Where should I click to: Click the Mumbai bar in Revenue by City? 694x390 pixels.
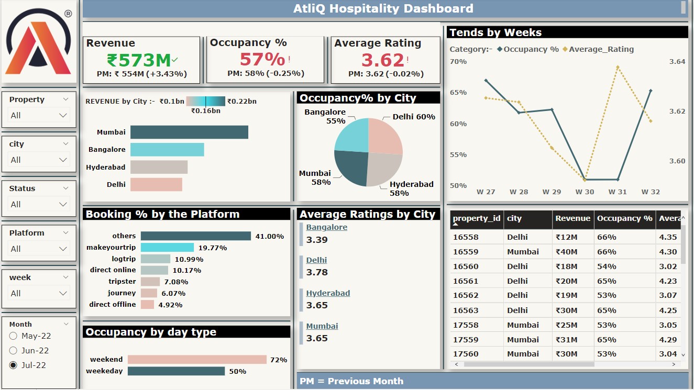point(189,132)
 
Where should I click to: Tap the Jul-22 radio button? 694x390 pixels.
point(13,365)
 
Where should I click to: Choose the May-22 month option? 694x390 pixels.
point(13,336)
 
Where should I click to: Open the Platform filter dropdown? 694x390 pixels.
point(39,249)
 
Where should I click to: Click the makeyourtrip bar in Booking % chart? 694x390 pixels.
point(167,248)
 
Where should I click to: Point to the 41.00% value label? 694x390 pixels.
point(270,237)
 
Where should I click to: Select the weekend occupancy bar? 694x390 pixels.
point(197,360)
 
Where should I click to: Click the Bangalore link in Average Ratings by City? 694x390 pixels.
point(326,227)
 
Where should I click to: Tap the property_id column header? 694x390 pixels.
point(477,219)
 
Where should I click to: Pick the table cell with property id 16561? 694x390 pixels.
point(466,281)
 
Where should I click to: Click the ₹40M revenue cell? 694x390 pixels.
point(566,252)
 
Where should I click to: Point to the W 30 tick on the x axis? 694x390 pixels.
point(585,192)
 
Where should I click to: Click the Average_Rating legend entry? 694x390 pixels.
point(601,49)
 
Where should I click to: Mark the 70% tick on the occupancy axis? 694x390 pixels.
point(458,62)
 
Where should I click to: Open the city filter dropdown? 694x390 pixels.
point(39,160)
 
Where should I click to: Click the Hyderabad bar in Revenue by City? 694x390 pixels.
point(159,167)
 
